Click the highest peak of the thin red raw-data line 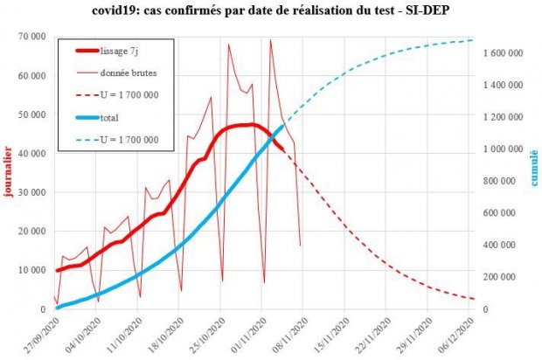270,39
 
